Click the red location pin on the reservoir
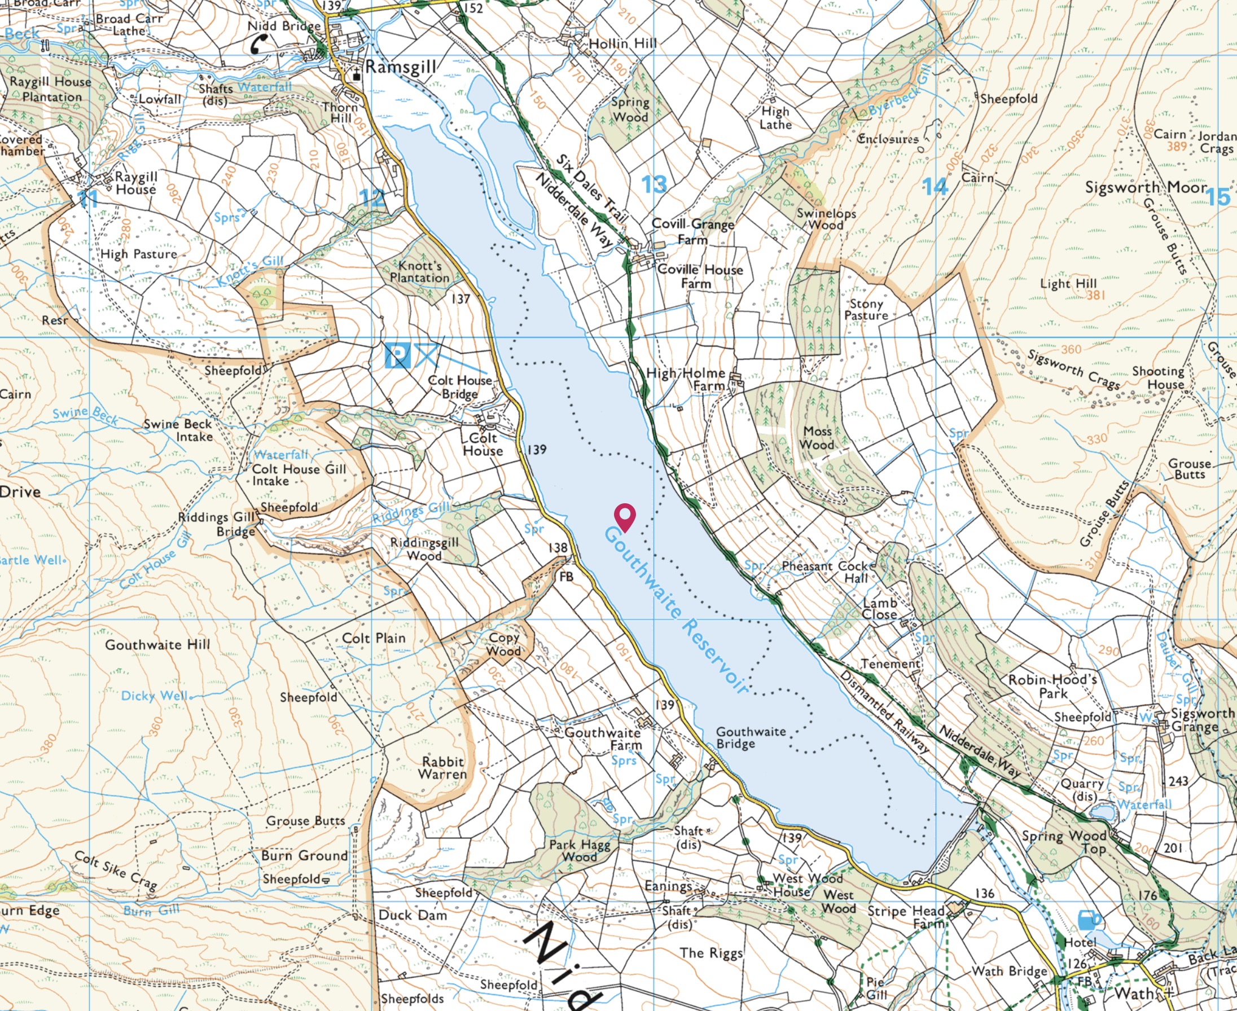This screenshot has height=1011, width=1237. point(625,517)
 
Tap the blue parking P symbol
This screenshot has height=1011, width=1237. point(398,355)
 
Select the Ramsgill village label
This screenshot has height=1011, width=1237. point(401,67)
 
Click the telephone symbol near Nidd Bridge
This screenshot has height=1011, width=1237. point(259,43)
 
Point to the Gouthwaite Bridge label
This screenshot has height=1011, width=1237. point(750,737)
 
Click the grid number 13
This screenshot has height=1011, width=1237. point(654,184)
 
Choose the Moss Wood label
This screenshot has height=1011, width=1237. point(817,438)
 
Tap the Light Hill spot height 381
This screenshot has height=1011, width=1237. point(1095,295)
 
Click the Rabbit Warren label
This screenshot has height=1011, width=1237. point(443,768)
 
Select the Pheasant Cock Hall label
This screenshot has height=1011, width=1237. point(830,572)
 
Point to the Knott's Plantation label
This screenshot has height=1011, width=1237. point(419,272)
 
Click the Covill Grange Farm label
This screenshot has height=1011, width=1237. point(692,231)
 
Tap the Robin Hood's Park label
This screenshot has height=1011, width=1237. point(1053,686)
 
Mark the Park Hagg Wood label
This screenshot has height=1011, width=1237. point(580,850)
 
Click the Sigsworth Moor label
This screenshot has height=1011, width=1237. point(1146,187)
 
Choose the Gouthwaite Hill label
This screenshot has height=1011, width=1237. point(157,645)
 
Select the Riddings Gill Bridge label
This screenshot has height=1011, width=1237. point(217,524)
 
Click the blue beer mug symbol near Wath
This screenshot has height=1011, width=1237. point(1088,920)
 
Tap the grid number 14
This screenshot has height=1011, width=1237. point(935,186)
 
